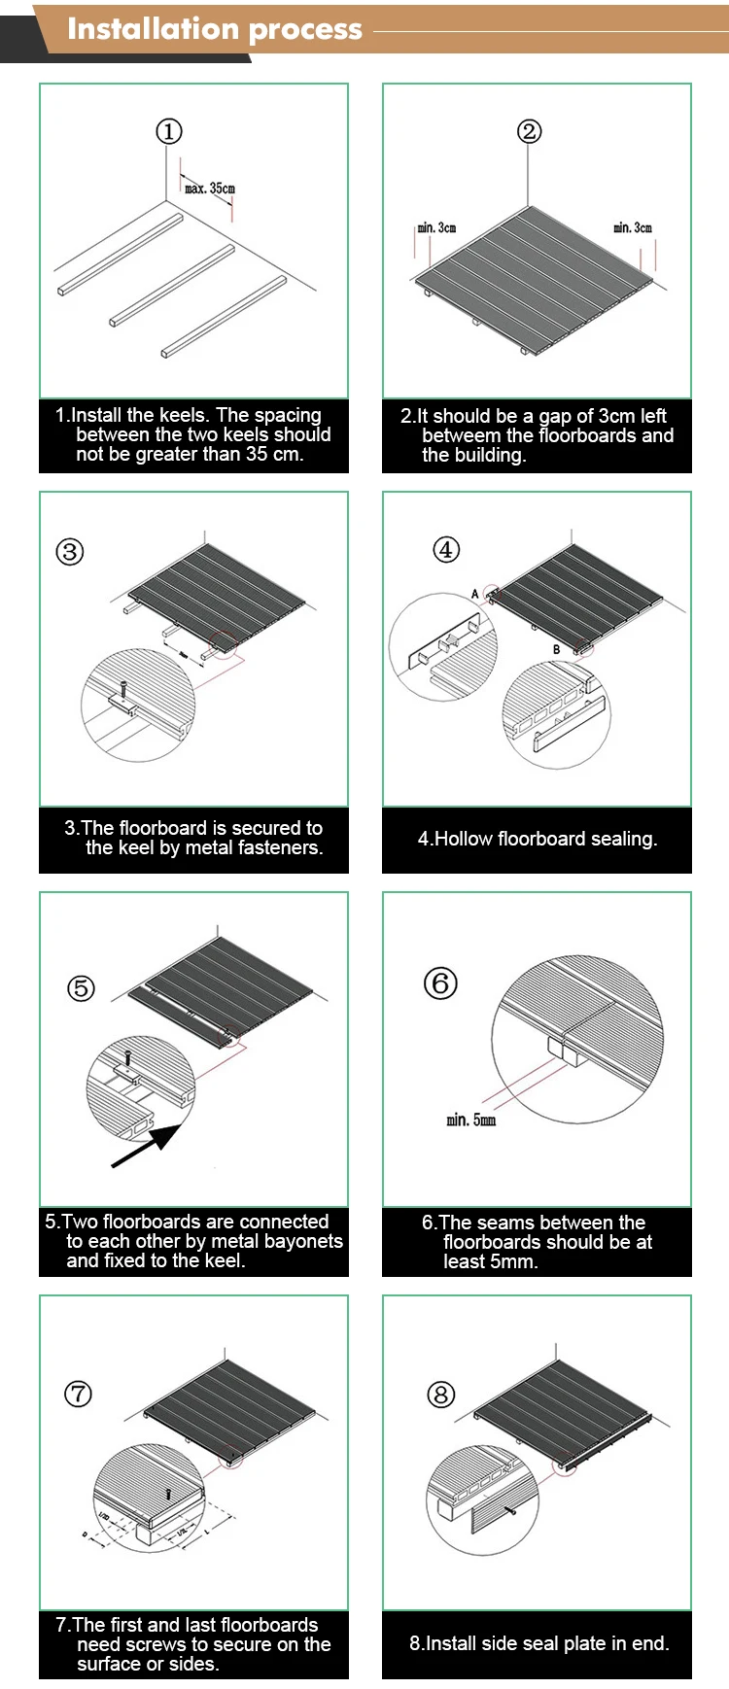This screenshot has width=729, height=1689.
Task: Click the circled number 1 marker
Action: coord(169,131)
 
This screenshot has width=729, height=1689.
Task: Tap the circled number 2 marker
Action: coord(529,131)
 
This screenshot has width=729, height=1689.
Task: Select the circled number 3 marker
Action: coord(70,552)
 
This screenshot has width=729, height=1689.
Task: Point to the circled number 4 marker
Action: coord(445,549)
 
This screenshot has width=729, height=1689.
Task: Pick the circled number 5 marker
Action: coord(81,988)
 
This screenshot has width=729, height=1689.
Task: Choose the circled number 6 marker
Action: coord(440,982)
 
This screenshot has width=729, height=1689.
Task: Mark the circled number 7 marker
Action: coord(78,1394)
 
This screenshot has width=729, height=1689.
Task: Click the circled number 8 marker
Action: coord(440,1395)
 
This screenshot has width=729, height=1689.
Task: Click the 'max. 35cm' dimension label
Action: coord(210,189)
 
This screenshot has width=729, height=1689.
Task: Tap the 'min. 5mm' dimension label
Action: coord(471,1120)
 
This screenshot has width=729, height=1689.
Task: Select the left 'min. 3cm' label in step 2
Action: coord(436,227)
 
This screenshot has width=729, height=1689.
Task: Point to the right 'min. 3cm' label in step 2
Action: coord(633,227)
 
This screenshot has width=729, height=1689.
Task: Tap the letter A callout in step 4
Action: coord(475,594)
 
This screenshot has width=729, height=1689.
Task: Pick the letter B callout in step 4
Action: coord(557,649)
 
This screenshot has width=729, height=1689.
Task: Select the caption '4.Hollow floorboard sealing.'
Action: coord(538,839)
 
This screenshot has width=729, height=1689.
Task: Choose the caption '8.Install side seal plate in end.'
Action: coord(538,1643)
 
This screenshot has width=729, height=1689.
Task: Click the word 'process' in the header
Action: coord(305,30)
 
